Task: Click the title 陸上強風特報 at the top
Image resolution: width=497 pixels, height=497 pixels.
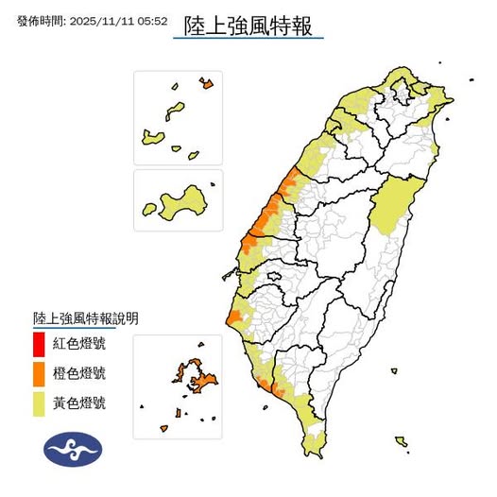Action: [x=248, y=21]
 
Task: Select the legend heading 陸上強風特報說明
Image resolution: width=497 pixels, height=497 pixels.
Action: [x=85, y=318]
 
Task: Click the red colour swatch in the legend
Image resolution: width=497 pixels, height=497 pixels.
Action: [x=38, y=342]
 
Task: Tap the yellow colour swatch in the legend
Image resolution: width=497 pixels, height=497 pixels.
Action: [x=38, y=403]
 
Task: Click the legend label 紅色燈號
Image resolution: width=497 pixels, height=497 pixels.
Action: [x=79, y=342]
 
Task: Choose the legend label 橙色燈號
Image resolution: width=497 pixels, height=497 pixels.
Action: [x=79, y=373]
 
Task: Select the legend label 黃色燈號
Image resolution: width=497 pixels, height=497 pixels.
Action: [x=79, y=403]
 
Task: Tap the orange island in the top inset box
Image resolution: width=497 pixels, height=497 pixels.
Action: [x=207, y=83]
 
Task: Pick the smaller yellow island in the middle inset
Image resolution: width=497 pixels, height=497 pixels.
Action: [x=148, y=209]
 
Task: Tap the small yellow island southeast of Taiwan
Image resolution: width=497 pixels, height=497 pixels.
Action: [x=402, y=441]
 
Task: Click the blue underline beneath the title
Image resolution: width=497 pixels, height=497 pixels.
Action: [x=248, y=38]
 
